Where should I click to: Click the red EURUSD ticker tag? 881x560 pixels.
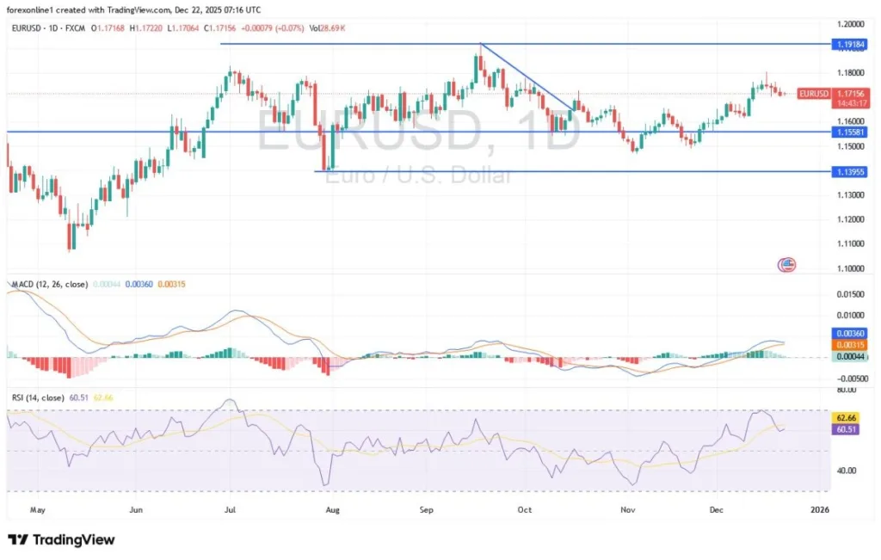pyautogui.click(x=813, y=93)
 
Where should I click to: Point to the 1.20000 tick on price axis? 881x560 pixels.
pyautogui.click(x=848, y=24)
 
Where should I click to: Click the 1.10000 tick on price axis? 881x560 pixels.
pyautogui.click(x=848, y=268)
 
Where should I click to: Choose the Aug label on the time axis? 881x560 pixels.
pyautogui.click(x=334, y=509)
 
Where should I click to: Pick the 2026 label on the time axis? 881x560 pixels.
pyautogui.click(x=820, y=509)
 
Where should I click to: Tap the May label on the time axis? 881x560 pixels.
pyautogui.click(x=37, y=509)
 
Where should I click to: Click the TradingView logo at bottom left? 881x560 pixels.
pyautogui.click(x=61, y=539)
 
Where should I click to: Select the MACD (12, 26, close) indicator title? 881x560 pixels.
pyautogui.click(x=50, y=284)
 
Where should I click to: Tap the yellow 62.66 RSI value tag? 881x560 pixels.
pyautogui.click(x=848, y=416)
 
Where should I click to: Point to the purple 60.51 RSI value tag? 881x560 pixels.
pyautogui.click(x=848, y=428)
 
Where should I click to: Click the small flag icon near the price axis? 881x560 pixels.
pyautogui.click(x=786, y=264)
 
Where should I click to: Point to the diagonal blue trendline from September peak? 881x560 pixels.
pyautogui.click(x=526, y=76)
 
